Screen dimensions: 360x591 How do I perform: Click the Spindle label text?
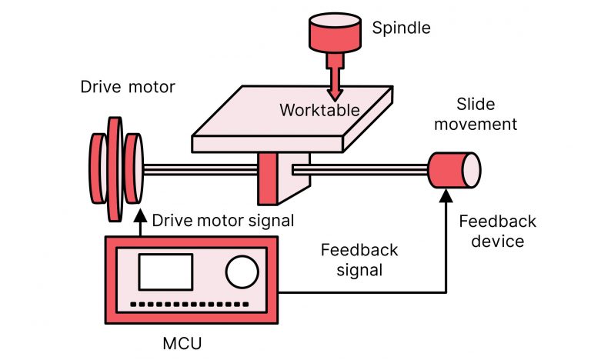(x=401, y=28)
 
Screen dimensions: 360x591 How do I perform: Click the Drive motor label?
(x=128, y=87)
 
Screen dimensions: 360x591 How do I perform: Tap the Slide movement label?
(x=476, y=114)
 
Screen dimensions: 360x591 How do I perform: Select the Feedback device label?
(x=497, y=231)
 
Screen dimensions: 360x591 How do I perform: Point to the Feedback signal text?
(x=359, y=260)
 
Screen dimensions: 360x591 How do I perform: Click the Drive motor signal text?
(x=223, y=221)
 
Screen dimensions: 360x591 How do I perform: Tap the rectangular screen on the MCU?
(x=165, y=272)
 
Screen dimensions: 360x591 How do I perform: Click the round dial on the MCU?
(x=242, y=272)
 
